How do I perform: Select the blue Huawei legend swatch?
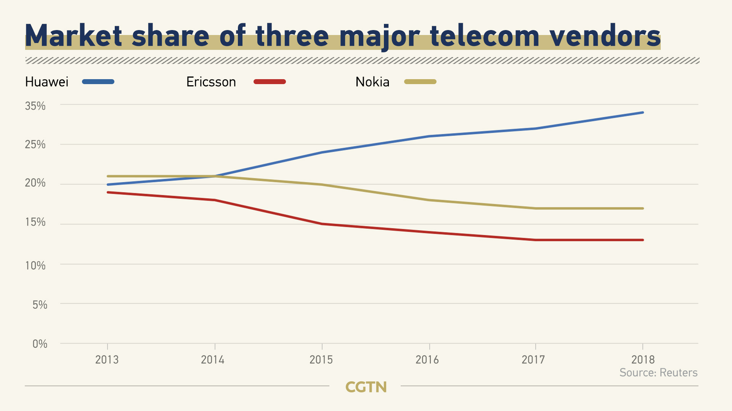(x=98, y=81)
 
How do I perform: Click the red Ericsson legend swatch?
(x=270, y=81)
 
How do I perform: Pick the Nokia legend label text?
(x=372, y=82)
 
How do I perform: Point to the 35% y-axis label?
(x=35, y=106)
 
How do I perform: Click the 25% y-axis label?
(x=35, y=144)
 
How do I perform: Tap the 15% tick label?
(x=35, y=222)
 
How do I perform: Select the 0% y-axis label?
(x=40, y=344)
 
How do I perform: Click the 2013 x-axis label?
(x=107, y=360)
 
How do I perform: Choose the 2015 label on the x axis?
(x=321, y=360)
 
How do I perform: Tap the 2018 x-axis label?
(x=643, y=360)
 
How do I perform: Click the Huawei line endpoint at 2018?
(x=643, y=113)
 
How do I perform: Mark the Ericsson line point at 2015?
(x=322, y=224)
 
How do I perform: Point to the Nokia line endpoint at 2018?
(x=643, y=209)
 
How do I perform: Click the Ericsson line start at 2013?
(x=108, y=193)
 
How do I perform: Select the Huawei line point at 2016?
(x=429, y=136)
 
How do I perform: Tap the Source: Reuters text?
(x=658, y=373)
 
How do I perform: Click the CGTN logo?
(x=366, y=387)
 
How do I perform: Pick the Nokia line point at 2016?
(x=429, y=200)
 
